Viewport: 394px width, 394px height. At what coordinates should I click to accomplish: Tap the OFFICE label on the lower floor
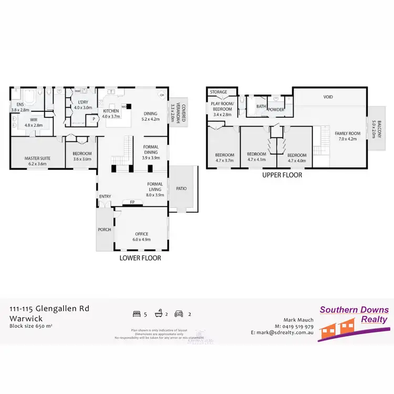click(x=141, y=234)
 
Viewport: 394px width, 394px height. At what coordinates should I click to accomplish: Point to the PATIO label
click(x=181, y=189)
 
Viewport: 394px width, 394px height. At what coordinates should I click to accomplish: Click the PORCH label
click(x=104, y=230)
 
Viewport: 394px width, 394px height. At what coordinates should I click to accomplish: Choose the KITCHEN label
click(x=111, y=111)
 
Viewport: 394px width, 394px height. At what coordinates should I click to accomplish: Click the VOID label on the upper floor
click(x=328, y=97)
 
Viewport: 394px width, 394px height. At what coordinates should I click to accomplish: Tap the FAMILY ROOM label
click(x=348, y=133)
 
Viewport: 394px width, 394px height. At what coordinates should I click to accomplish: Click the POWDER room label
click(x=276, y=109)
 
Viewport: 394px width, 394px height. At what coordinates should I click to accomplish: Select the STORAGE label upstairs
click(x=219, y=92)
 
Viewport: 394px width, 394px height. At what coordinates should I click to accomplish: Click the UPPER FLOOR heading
click(x=282, y=175)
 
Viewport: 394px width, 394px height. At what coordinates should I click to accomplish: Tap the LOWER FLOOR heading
click(x=140, y=258)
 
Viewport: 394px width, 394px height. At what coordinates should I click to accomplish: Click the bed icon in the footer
click(x=136, y=314)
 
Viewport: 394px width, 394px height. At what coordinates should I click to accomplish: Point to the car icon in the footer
click(x=179, y=314)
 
